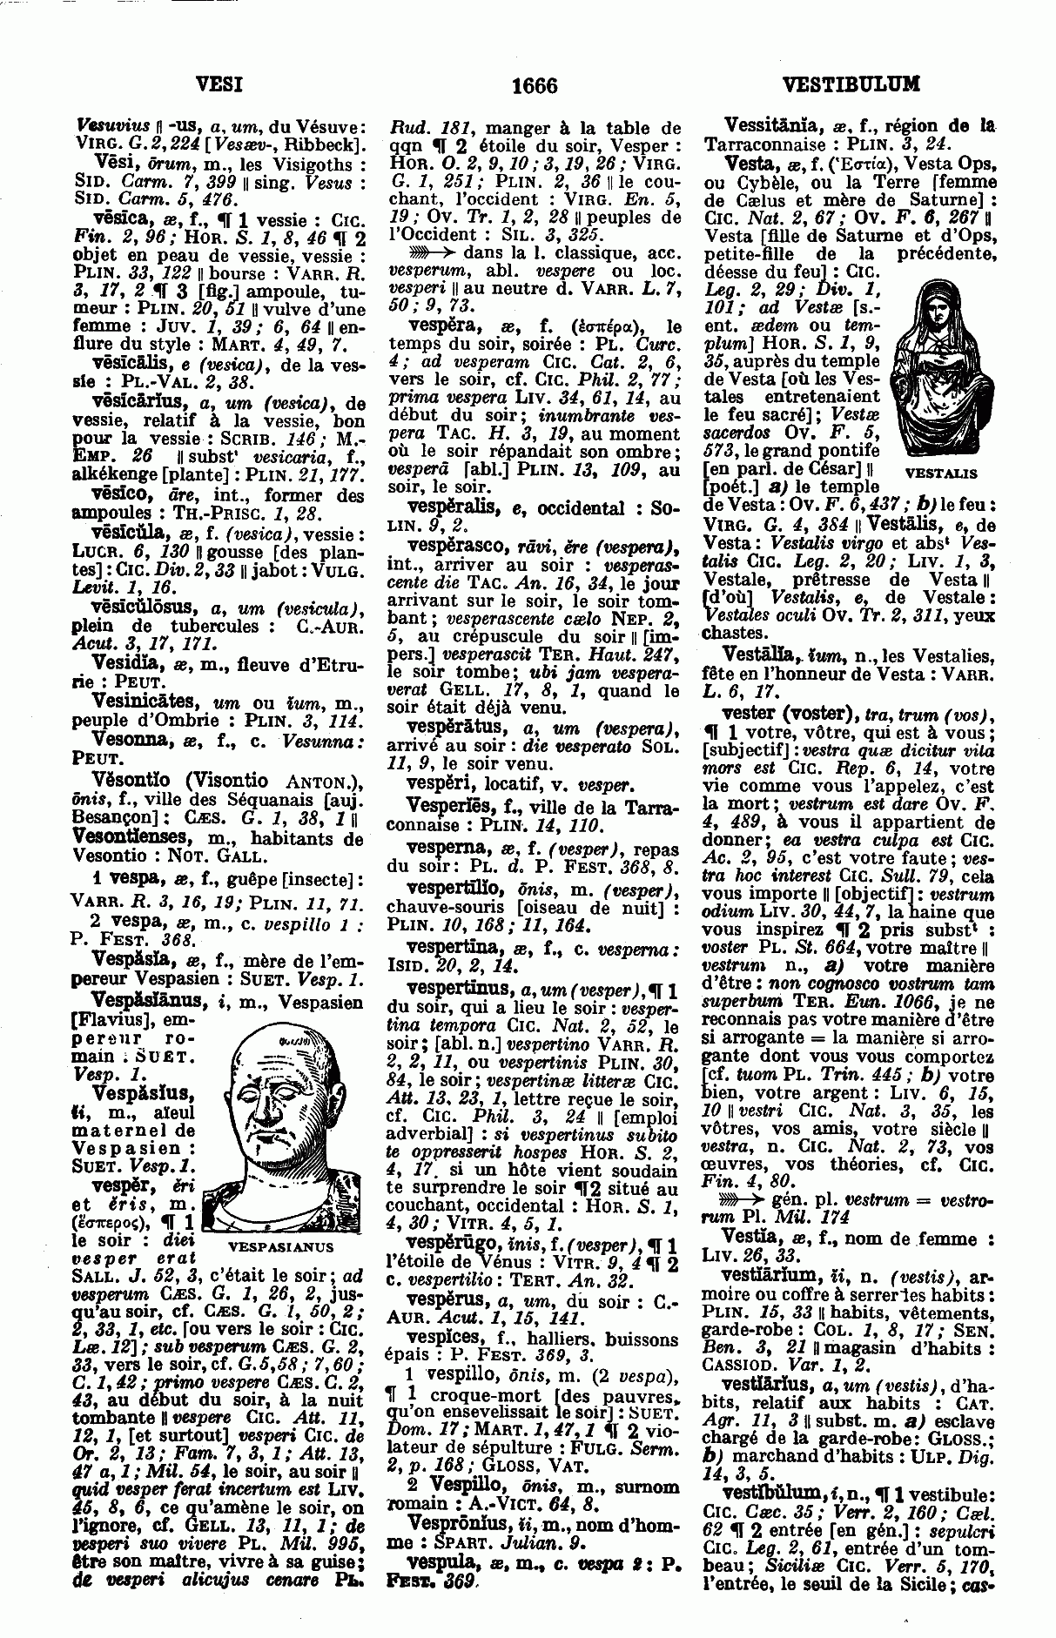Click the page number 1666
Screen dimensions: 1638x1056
[534, 85]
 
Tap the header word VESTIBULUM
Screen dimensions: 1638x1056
[851, 84]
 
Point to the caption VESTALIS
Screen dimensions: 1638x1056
[941, 474]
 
